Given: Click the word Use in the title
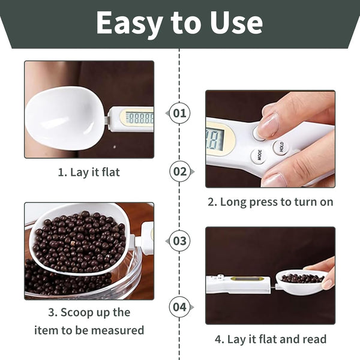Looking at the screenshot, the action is [x=236, y=23].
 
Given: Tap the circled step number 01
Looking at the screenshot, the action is [x=179, y=113].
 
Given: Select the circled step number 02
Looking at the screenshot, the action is [x=180, y=172].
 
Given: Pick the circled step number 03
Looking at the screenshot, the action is [x=179, y=241].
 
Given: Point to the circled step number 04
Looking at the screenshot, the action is [x=179, y=307].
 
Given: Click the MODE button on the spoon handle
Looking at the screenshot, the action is [x=259, y=155].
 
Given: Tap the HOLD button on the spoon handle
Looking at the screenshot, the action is [x=281, y=146].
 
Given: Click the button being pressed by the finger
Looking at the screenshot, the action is [x=260, y=134].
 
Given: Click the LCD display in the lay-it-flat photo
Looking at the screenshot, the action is [x=140, y=118].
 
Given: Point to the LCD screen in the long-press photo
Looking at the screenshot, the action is [x=215, y=139].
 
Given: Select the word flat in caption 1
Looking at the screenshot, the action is [x=110, y=172].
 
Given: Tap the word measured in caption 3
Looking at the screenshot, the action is [x=118, y=331].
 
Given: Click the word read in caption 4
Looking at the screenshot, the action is [x=314, y=339].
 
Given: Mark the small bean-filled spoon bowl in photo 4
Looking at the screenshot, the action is [x=301, y=283].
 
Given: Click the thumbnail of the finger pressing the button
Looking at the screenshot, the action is [x=270, y=139].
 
